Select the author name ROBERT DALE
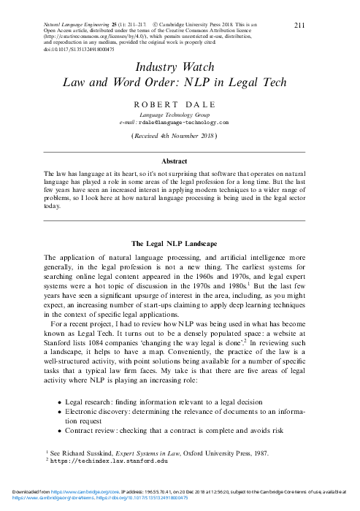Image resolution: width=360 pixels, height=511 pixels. point(180,105)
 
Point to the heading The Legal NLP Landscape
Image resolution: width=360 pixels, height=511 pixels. point(180,243)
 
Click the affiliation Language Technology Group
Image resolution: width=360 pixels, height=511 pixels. point(180,115)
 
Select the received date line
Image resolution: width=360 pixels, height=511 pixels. point(180,136)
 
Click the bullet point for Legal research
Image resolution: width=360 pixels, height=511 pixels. point(58,402)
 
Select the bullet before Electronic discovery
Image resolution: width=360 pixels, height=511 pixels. point(58,412)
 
